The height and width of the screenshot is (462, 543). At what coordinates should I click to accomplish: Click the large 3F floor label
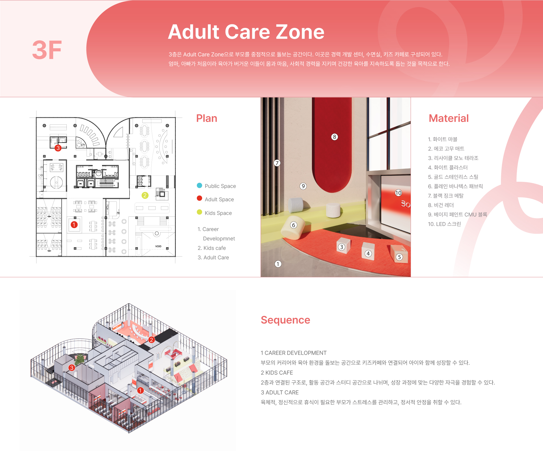(x=47, y=50)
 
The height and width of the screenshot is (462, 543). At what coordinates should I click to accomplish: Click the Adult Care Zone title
(x=246, y=32)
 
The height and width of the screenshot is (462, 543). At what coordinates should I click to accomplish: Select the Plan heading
(x=207, y=118)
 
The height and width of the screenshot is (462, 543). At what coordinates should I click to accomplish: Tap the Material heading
(x=449, y=118)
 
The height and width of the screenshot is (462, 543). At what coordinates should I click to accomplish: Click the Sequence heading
(x=285, y=320)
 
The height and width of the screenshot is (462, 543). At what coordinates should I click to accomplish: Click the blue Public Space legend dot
(x=199, y=185)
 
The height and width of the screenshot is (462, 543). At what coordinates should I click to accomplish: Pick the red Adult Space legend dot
(x=199, y=198)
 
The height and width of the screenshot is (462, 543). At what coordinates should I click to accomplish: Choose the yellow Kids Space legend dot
(x=199, y=212)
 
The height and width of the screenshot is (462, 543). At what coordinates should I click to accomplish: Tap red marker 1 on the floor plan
(x=74, y=225)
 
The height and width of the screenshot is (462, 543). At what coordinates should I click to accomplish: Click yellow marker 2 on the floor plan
(x=145, y=195)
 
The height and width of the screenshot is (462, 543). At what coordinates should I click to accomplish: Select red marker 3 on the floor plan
(x=58, y=148)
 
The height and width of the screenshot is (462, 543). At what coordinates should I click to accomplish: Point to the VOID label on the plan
(x=158, y=246)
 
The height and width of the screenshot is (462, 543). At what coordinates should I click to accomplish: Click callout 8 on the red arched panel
(x=335, y=137)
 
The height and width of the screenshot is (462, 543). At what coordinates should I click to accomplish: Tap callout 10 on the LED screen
(x=398, y=193)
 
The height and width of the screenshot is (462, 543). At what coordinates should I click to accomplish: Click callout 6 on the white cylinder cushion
(x=294, y=225)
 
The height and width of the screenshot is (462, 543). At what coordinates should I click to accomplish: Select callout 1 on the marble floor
(x=278, y=264)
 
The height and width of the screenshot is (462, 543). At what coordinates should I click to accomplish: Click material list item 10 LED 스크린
(x=444, y=224)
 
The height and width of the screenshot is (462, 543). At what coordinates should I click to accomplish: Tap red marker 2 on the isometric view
(x=152, y=340)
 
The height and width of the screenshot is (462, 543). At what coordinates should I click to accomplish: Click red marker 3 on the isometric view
(x=72, y=368)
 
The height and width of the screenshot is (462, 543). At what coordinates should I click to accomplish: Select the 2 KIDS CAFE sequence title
(x=277, y=373)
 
